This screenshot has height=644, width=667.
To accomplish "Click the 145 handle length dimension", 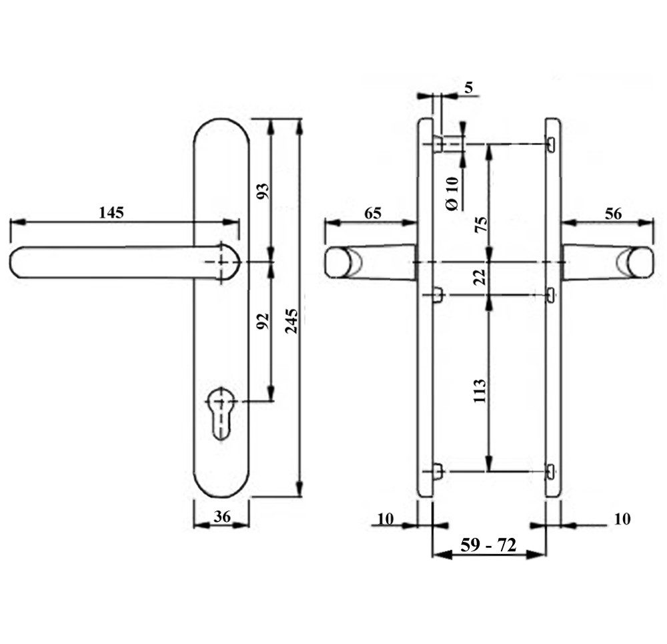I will tap(111, 213).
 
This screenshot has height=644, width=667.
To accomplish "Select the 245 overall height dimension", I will tap(291, 322).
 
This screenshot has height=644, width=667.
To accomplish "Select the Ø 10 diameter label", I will tap(453, 194).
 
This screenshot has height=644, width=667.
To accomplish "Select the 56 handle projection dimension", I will tap(612, 214).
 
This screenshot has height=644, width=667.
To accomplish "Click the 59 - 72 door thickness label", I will tap(488, 545).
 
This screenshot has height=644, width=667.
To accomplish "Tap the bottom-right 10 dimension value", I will tap(622, 519).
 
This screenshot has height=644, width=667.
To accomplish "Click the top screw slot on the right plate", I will tap(552, 143).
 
